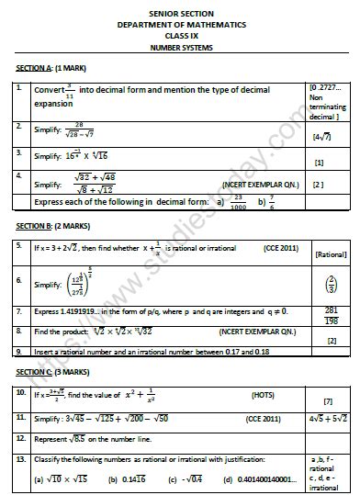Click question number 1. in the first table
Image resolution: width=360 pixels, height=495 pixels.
pyautogui.click(x=19, y=89)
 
